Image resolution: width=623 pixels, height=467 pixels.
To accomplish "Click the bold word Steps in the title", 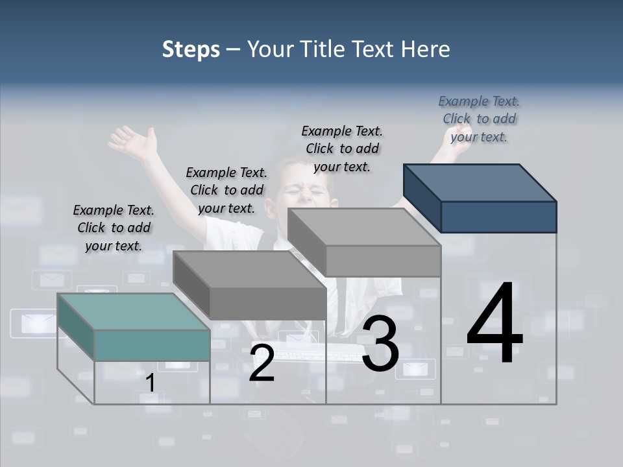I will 190,49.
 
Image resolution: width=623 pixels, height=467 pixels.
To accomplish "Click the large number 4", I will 495,324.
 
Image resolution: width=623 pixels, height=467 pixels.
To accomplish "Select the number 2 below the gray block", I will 262,363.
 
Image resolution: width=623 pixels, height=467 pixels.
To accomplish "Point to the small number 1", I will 150,383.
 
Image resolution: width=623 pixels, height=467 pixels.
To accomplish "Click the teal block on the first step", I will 151,344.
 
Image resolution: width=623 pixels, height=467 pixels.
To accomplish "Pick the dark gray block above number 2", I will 267,302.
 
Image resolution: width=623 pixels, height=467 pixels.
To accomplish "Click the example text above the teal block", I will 114,228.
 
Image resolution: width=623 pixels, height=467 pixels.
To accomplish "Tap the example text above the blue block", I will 479,119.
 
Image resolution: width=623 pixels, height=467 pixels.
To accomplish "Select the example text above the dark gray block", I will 226,190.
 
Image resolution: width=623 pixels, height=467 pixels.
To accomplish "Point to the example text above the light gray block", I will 342,149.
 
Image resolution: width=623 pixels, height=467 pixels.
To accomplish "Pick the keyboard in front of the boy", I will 324,353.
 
